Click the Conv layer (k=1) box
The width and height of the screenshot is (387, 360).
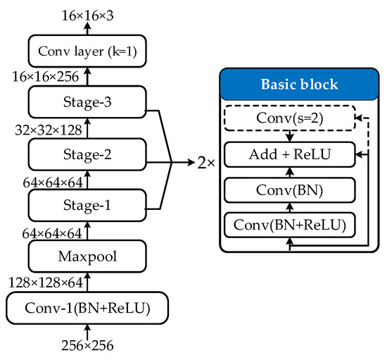[x=87, y=51]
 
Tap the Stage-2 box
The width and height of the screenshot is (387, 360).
[x=87, y=154]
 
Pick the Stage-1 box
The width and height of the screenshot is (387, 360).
[x=87, y=206]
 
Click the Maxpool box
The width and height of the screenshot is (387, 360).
[x=87, y=256]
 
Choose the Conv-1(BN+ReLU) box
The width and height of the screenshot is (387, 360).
[x=87, y=308]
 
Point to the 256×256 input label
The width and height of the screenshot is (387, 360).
[x=87, y=347]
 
